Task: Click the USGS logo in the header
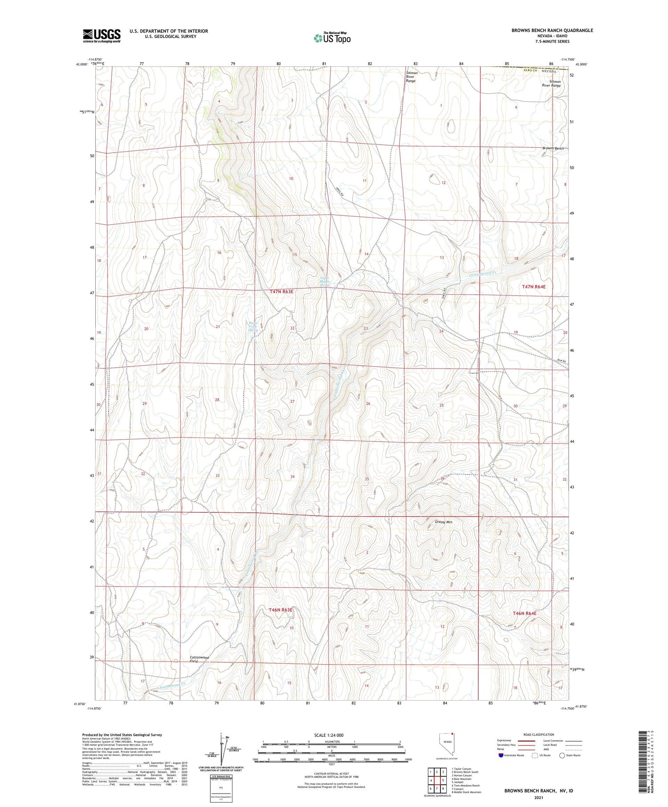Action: [102, 36]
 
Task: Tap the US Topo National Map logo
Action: [332, 38]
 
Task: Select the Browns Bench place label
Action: [553, 148]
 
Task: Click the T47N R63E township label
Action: [281, 292]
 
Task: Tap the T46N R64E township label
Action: [525, 613]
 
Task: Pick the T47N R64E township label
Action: [534, 287]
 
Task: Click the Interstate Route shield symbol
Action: [501, 755]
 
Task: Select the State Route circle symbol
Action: [562, 755]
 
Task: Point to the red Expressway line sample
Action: [526, 741]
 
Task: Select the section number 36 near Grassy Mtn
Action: [443, 479]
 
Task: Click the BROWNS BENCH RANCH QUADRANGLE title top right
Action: [552, 30]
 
